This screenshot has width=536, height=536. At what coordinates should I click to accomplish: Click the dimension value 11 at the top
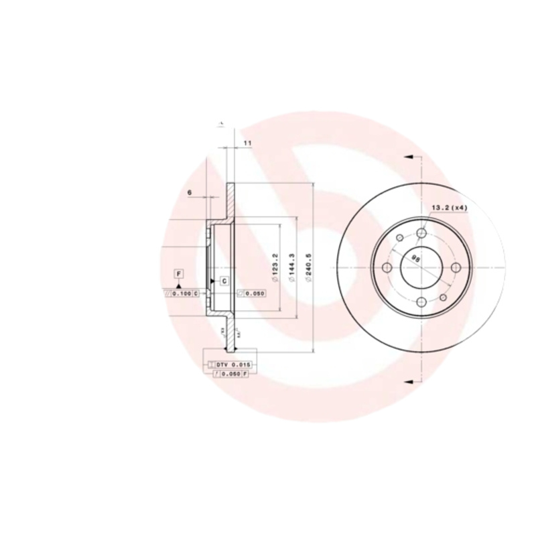pos(247,143)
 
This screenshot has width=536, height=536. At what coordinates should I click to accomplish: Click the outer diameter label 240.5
pos(308,267)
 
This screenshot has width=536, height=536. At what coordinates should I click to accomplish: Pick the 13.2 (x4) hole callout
pos(448,208)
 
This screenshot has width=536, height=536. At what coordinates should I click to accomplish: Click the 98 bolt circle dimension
pos(416,258)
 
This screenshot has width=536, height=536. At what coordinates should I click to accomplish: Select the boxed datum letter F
pos(179,273)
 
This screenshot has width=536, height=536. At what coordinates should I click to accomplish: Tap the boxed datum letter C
pos(224,280)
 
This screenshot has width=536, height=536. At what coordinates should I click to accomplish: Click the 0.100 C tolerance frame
pos(181,293)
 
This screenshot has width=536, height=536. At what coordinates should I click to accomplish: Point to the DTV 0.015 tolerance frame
pos(231,364)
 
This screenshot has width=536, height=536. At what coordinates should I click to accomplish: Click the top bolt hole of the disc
pos(421,232)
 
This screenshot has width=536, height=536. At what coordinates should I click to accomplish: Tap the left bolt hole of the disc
pos(387,267)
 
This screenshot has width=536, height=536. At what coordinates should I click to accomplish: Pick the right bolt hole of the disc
pos(456,267)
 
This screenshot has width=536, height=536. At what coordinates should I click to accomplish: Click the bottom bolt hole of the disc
pos(421,302)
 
